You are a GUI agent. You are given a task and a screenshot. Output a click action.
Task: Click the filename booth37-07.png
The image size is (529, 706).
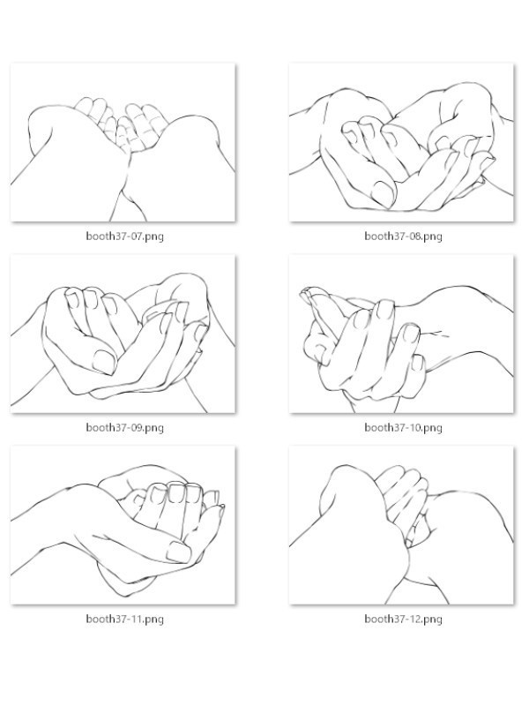click(125, 237)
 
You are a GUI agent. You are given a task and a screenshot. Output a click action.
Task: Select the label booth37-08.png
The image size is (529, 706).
click(404, 237)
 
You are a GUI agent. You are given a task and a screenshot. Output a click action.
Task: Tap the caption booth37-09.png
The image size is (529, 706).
click(125, 427)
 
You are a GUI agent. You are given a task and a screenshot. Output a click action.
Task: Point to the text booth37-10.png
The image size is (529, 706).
click(404, 427)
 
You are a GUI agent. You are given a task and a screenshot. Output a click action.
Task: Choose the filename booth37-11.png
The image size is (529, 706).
click(125, 620)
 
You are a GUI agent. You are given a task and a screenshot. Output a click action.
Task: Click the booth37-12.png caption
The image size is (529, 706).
click(404, 620)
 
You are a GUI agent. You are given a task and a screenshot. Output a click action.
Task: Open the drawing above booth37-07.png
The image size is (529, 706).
click(123, 142)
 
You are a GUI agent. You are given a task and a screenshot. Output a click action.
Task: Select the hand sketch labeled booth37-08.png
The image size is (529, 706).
click(401, 142)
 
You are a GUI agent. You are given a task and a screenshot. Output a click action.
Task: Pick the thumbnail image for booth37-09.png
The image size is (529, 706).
click(123, 334)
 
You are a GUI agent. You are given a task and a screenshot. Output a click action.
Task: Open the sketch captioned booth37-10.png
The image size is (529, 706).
click(401, 334)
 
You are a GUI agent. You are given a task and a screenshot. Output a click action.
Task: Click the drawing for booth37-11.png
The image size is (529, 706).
click(123, 525)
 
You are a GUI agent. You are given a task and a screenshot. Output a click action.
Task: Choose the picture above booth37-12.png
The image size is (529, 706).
click(401, 525)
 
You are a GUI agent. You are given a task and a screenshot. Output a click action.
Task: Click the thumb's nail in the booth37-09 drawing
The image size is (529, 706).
click(104, 362)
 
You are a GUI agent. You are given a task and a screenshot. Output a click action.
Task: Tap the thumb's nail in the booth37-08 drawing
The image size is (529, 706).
click(384, 192)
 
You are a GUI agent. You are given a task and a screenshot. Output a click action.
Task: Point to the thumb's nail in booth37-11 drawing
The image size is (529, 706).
click(179, 552)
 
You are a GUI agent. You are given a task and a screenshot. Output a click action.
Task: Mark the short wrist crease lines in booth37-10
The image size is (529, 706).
click(435, 334)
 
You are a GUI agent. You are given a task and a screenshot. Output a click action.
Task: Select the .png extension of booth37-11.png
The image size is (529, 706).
click(153, 620)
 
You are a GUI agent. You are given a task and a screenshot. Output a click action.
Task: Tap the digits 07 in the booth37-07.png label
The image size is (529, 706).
click(137, 236)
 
